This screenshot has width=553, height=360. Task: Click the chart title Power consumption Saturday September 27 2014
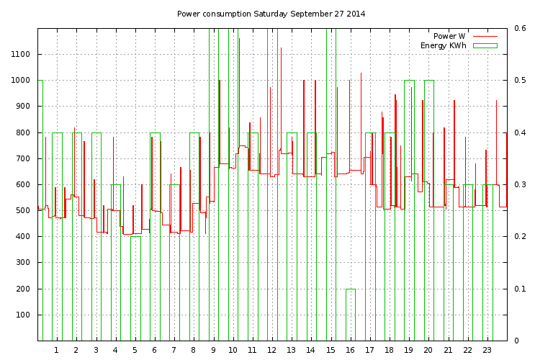(271, 14)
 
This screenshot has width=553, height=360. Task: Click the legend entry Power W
(449, 36)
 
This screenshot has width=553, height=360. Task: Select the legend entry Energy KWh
(444, 45)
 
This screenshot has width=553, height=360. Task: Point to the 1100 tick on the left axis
(20, 55)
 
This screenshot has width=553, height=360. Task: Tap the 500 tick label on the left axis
(24, 211)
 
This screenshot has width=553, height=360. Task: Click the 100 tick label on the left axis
(24, 315)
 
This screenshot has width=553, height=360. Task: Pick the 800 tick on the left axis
(24, 132)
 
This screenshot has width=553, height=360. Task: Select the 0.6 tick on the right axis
(520, 29)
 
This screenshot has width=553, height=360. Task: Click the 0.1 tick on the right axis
(520, 289)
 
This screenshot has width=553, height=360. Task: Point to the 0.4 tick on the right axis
(520, 133)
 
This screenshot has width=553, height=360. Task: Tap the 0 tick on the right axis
(516, 341)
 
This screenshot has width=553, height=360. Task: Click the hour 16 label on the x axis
(350, 351)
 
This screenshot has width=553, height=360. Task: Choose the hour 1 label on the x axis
(56, 351)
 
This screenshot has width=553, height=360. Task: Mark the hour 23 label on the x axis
(487, 351)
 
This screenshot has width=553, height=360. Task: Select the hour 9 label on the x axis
(213, 351)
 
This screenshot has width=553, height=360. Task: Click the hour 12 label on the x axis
(271, 351)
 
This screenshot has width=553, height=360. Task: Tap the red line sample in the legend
(485, 36)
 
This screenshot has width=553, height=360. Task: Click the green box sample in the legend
(485, 45)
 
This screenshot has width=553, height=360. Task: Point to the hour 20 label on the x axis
(428, 351)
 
